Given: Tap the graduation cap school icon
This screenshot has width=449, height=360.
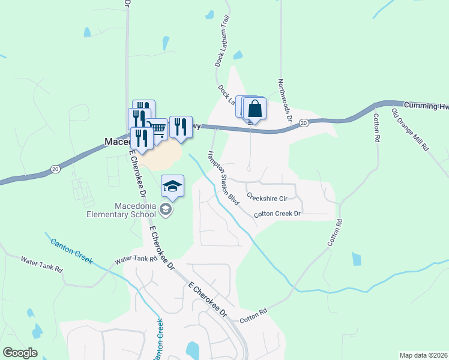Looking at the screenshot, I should pos(172,187).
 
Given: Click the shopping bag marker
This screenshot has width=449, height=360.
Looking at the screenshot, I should pos(255,109).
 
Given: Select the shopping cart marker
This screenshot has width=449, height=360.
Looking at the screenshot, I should pos(158,128).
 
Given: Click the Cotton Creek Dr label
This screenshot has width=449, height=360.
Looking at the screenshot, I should pos(277,214).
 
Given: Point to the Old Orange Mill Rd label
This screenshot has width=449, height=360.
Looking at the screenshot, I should pos(410,130).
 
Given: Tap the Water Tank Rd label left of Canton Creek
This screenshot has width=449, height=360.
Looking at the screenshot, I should pos(41,265).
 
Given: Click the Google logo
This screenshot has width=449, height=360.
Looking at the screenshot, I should pos(20,353).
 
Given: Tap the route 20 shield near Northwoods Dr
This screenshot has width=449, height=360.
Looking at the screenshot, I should pos(304,123).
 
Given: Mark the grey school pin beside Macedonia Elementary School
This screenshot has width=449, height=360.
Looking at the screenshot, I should pos(166,209).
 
